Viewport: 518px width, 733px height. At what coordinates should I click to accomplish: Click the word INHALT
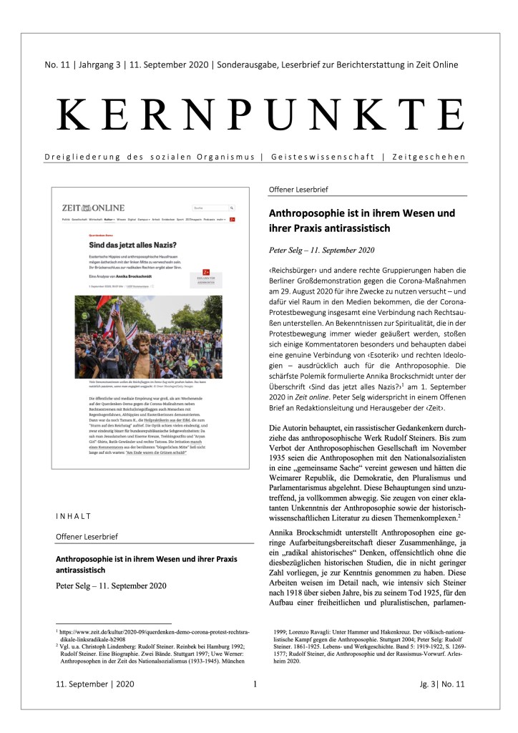click(x=72, y=495)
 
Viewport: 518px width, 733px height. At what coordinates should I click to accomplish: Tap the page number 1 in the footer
click(x=255, y=704)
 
